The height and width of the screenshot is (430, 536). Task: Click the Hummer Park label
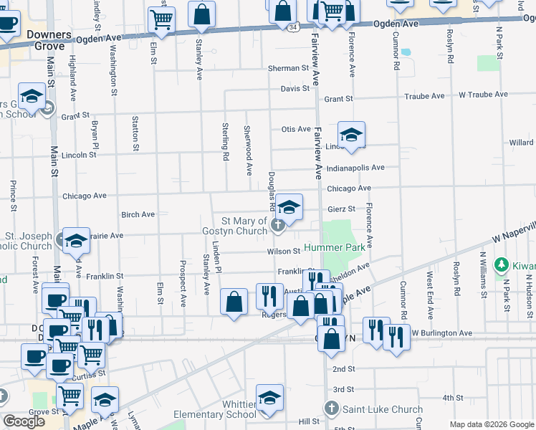point(335,247)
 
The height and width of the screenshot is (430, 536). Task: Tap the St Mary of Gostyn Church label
point(244,226)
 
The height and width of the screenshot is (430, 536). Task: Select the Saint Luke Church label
point(382,409)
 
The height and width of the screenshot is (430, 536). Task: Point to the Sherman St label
point(288,69)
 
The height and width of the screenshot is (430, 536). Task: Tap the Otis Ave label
point(295,129)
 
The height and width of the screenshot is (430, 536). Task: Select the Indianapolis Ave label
point(355,168)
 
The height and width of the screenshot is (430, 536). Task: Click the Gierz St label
point(341,209)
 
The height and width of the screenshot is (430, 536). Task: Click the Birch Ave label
point(138,214)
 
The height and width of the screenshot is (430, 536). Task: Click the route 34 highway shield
point(294,27)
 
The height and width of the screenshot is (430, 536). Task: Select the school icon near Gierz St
point(289,206)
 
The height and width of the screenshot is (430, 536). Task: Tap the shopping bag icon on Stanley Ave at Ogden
point(202,13)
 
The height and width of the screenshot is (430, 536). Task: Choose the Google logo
point(24,421)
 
